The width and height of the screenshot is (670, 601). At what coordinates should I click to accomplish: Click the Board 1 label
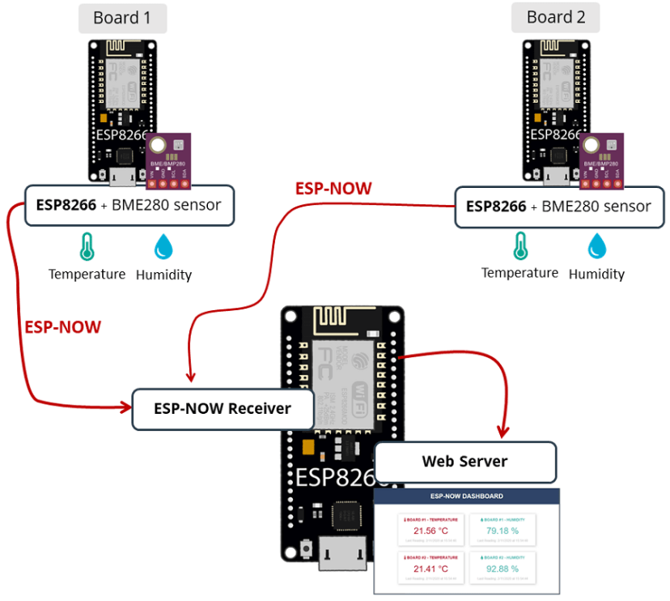point(122,18)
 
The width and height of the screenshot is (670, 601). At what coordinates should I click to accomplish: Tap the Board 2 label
point(555,17)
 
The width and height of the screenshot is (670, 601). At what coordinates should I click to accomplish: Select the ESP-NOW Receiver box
point(223,409)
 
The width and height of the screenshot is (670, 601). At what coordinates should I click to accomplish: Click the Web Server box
point(465,462)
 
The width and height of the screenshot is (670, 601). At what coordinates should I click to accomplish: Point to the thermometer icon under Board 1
point(87,246)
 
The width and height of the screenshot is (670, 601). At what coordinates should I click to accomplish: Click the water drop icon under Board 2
point(596,245)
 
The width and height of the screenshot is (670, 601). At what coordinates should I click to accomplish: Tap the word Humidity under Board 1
point(163,275)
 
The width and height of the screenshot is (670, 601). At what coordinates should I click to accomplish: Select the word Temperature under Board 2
point(519,273)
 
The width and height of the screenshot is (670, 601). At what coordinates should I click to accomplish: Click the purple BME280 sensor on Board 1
point(168,157)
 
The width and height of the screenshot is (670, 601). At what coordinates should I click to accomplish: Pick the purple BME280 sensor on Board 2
point(601,157)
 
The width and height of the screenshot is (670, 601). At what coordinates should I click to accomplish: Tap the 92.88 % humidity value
point(502,569)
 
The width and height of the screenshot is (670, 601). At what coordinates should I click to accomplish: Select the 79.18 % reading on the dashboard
point(502,531)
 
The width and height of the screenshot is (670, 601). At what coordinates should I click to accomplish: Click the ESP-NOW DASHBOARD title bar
point(466,497)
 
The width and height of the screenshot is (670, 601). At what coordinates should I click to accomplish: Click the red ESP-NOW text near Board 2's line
point(333,189)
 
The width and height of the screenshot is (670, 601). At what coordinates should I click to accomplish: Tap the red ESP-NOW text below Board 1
point(62,327)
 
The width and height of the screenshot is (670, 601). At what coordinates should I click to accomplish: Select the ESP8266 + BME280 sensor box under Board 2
point(558,207)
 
